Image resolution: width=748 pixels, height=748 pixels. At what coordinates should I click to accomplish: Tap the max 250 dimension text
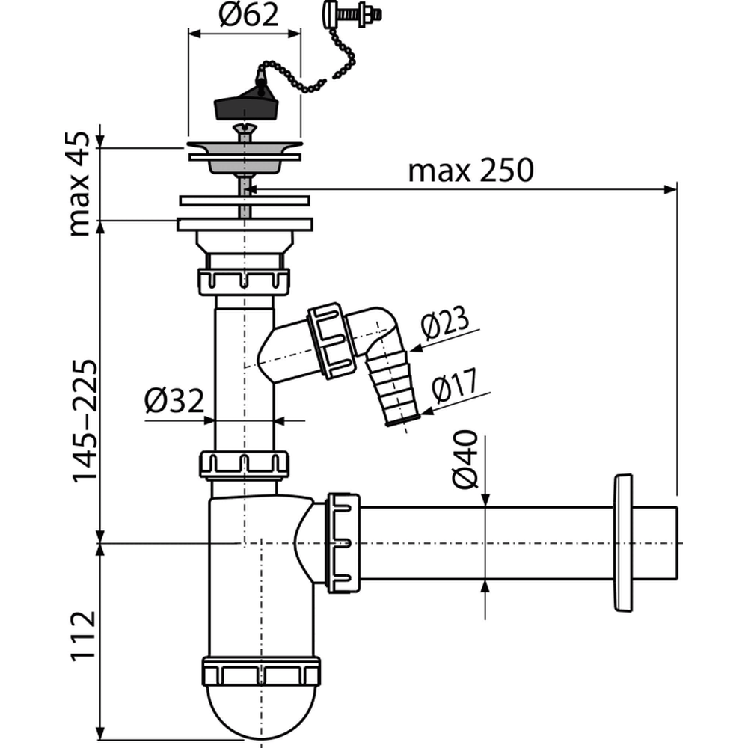click(x=470, y=171)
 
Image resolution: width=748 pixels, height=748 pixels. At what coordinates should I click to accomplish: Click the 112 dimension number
click(x=84, y=638)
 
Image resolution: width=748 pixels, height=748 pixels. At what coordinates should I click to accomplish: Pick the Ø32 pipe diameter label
click(x=174, y=402)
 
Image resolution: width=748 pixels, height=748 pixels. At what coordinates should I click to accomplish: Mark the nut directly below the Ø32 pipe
click(x=244, y=465)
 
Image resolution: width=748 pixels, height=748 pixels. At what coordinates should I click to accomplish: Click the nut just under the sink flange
click(x=244, y=280)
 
